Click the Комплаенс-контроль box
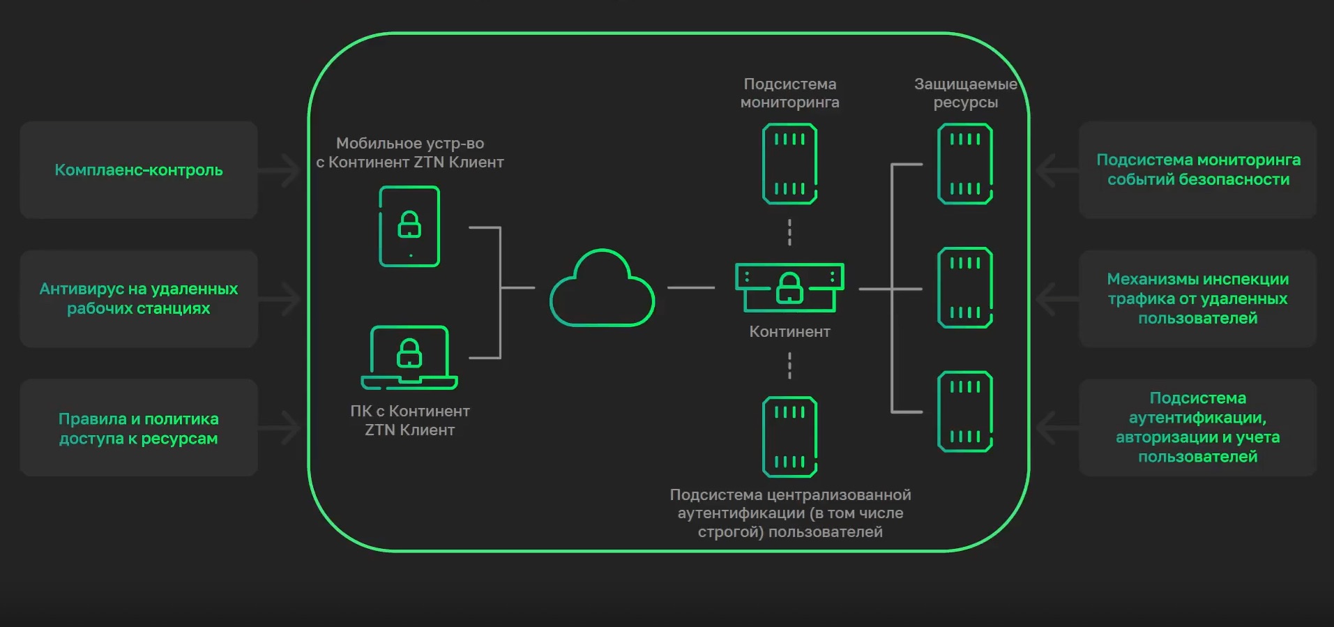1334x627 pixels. click(139, 170)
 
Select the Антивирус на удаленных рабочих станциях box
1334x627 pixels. click(139, 299)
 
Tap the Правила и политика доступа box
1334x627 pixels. click(139, 428)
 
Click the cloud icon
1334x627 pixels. click(602, 289)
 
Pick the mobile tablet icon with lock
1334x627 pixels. click(409, 226)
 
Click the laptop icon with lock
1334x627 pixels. click(409, 357)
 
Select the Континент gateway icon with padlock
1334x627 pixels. click(789, 287)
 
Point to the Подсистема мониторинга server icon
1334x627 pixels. click(789, 164)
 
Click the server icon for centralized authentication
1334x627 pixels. click(789, 437)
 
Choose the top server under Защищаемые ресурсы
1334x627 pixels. click(965, 164)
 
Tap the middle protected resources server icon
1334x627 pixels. click(965, 287)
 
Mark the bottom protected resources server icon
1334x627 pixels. click(965, 411)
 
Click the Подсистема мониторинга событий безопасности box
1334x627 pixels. click(1197, 170)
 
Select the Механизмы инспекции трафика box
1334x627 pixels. click(1197, 299)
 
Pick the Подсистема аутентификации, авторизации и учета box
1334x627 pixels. click(1197, 428)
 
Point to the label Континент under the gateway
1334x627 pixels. click(789, 332)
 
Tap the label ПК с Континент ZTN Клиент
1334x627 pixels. click(410, 421)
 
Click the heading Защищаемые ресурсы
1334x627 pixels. click(965, 93)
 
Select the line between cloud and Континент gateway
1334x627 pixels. click(691, 287)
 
